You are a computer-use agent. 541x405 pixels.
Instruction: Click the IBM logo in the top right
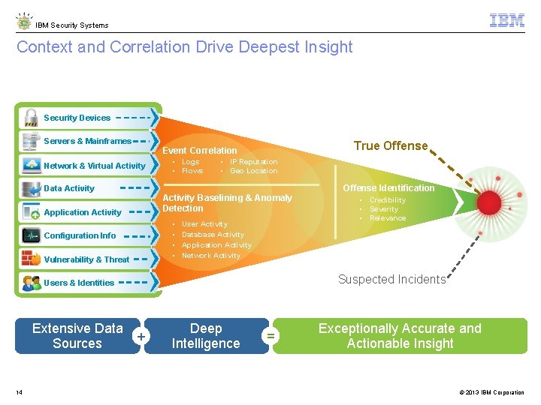tap(507, 21)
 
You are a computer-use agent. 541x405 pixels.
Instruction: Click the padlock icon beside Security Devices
tap(31, 118)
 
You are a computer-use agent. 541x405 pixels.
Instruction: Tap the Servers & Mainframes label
tap(87, 141)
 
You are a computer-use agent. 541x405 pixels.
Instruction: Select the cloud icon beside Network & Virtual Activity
tap(31, 165)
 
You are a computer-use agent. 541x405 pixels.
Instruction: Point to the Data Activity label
tap(69, 188)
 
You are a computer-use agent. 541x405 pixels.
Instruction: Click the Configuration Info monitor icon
tap(31, 235)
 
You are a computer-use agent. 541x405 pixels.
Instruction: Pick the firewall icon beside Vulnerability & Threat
tap(31, 259)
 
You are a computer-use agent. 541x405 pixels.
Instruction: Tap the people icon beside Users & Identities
tap(31, 283)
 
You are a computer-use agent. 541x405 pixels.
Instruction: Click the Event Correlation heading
tap(200, 151)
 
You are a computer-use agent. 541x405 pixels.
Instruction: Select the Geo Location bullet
tap(253, 171)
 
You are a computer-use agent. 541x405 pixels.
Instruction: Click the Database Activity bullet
tap(213, 235)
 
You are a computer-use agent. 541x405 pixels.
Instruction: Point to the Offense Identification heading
tap(388, 188)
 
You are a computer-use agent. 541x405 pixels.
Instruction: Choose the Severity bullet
tap(384, 209)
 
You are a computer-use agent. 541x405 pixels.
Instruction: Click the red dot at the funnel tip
tap(489, 202)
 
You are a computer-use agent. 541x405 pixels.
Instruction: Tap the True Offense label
tap(391, 146)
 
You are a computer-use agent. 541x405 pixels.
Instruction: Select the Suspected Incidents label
tap(391, 280)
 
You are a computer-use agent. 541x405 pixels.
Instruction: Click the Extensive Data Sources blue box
tap(77, 336)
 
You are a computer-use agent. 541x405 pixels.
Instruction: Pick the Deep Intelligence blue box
tap(206, 336)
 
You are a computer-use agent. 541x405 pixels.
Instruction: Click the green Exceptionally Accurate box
tap(400, 336)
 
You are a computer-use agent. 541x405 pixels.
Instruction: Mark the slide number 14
tap(19, 392)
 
